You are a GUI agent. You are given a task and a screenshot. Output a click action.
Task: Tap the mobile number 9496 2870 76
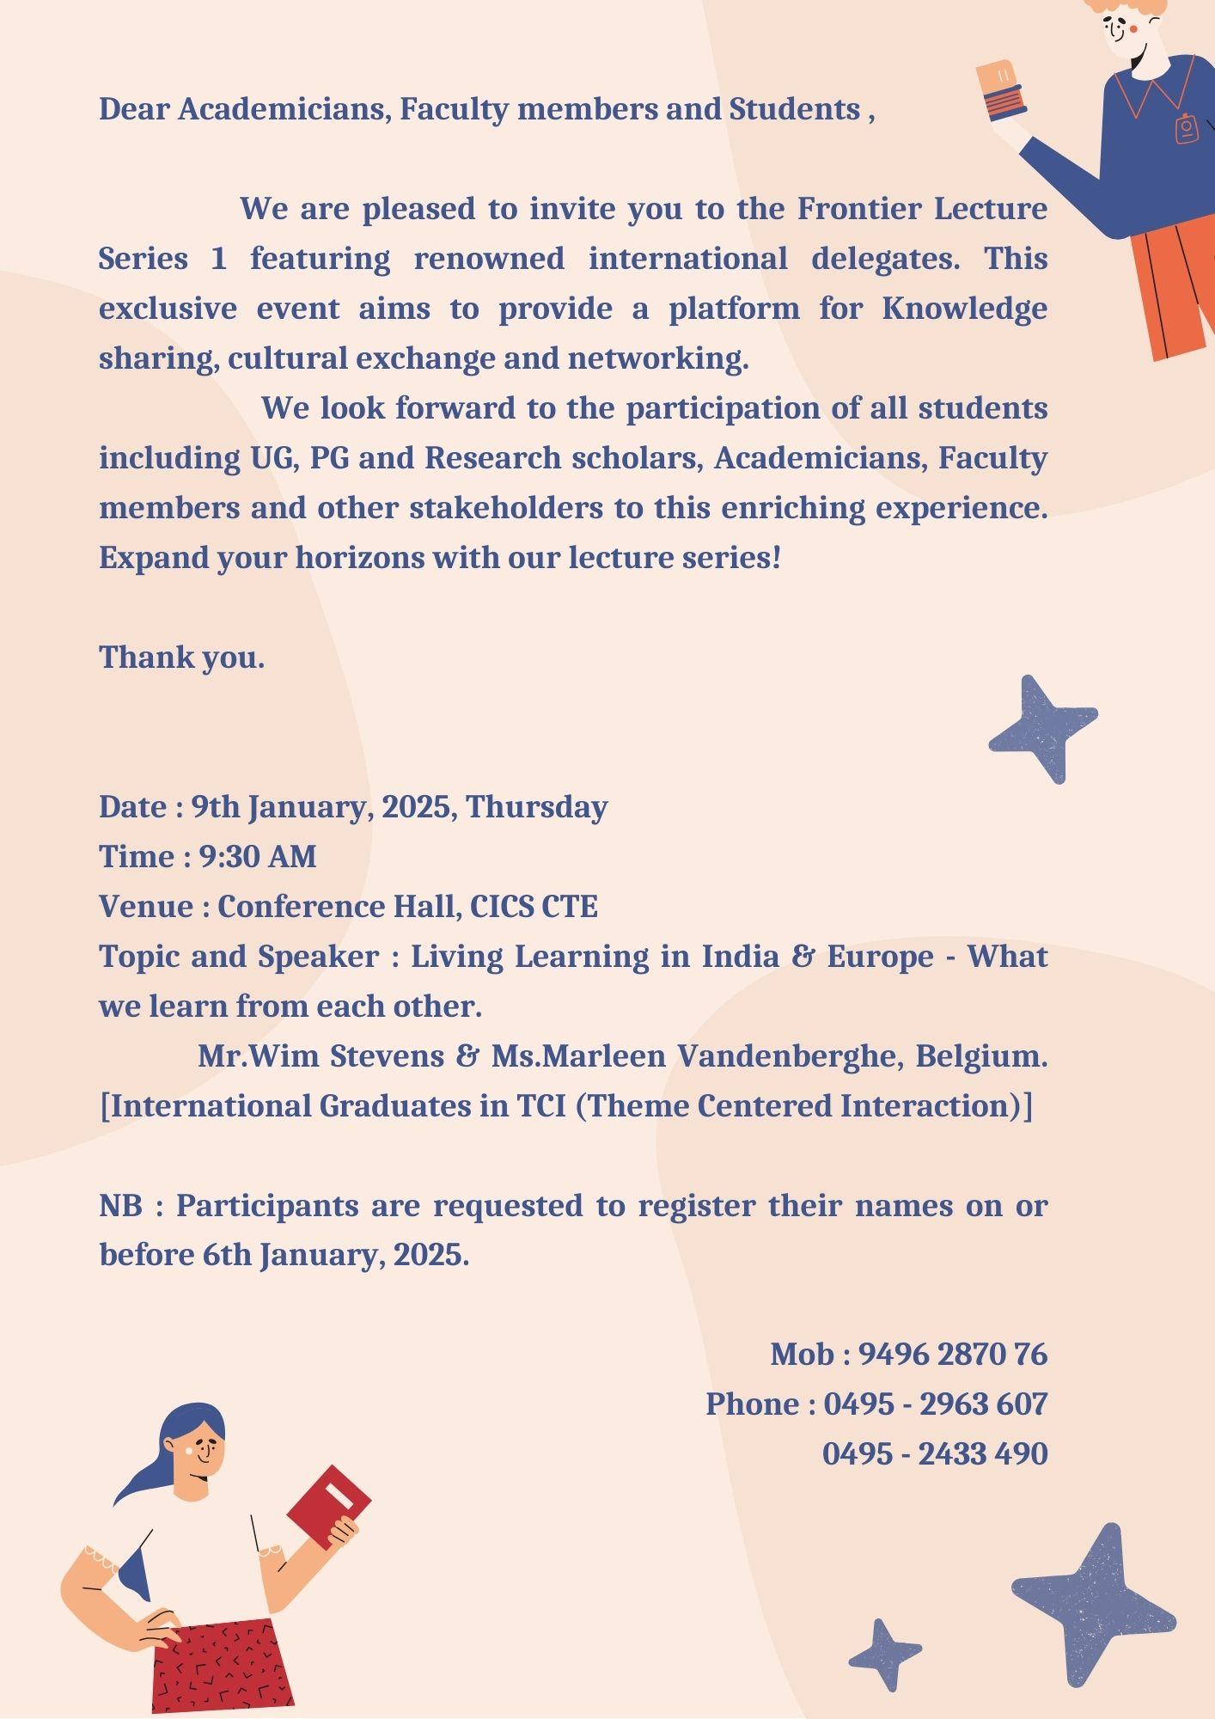(952, 1354)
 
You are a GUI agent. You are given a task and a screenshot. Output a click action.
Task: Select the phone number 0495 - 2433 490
(935, 1453)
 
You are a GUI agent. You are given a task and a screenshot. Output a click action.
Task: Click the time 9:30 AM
(258, 856)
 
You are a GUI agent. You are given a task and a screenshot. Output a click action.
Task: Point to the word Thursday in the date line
(537, 807)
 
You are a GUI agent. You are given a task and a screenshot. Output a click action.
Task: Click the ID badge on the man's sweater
(1187, 128)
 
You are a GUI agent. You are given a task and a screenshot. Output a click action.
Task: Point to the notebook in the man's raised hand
(1001, 90)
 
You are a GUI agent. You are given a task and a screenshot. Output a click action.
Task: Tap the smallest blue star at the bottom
(883, 1653)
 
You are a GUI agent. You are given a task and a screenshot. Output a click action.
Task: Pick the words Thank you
(181, 658)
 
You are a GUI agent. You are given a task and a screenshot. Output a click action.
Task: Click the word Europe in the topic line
(880, 956)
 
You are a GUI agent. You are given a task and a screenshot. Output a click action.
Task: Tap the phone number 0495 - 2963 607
(935, 1404)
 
